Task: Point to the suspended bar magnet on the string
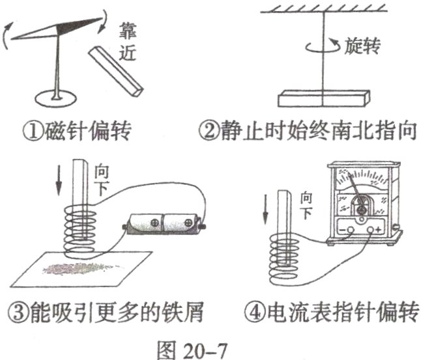point(323,99)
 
